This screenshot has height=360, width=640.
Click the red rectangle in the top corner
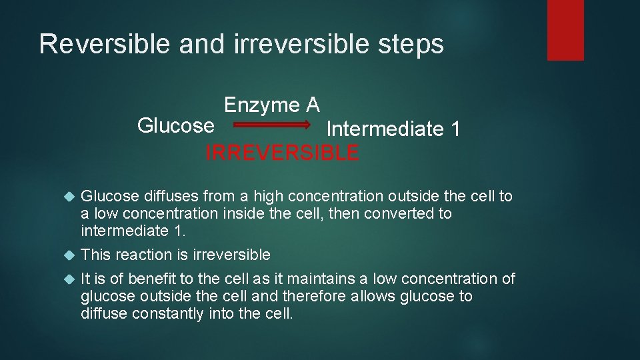[565, 30]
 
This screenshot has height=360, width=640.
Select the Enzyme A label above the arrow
[272, 105]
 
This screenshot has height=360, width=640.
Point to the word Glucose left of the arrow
[175, 125]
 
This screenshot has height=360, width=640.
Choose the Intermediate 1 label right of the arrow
[393, 129]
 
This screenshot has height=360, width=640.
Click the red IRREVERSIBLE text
[282, 153]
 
